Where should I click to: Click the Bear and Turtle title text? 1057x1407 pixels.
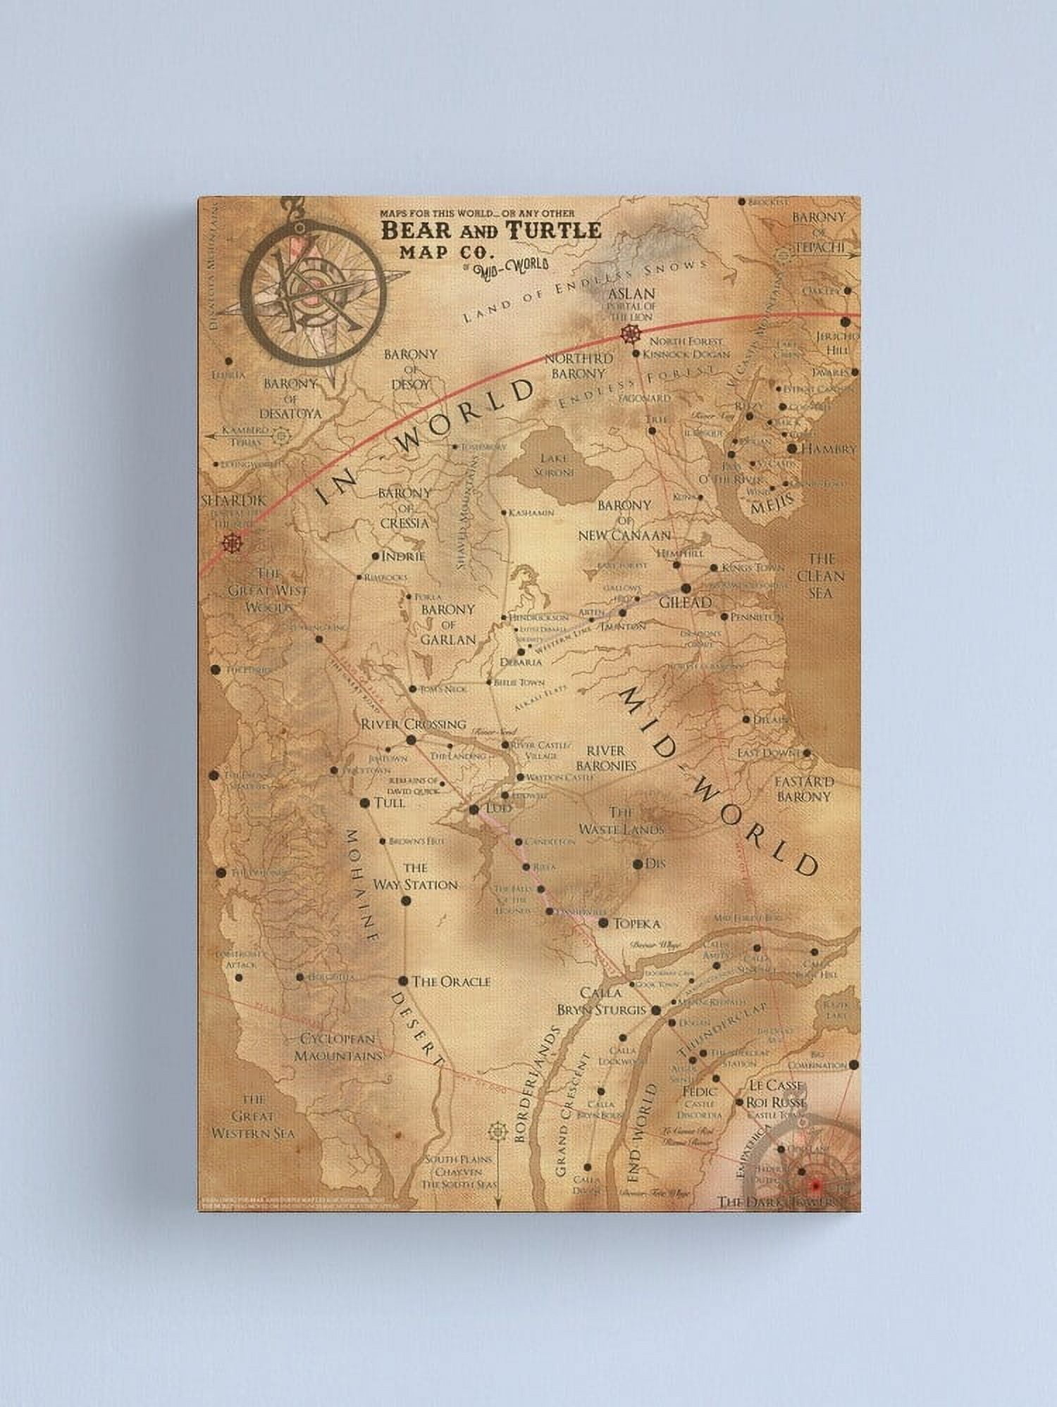point(491,230)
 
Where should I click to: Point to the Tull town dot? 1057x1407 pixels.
point(365,803)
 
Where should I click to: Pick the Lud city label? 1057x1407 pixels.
point(499,808)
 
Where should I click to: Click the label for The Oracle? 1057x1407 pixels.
point(451,981)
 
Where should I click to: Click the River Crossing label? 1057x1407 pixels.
point(413,723)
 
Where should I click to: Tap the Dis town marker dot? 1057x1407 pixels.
point(637,863)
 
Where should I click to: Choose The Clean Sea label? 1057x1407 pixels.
point(820,576)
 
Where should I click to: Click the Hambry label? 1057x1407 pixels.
point(829,448)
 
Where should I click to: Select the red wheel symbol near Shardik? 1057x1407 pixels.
point(229,544)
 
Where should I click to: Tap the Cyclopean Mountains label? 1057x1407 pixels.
point(339,1047)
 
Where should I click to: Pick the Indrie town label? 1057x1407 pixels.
point(403,556)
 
